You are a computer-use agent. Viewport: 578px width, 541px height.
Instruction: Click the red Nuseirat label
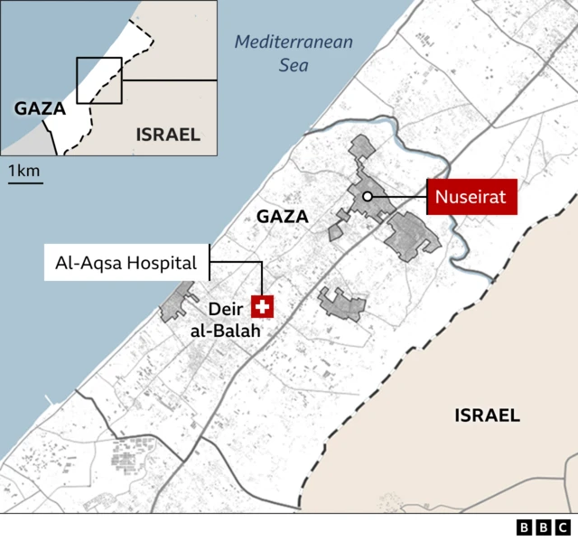pyautogui.click(x=471, y=196)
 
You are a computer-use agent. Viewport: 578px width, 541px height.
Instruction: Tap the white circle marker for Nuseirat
pyautogui.click(x=367, y=196)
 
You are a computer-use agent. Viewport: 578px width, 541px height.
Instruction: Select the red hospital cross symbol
pyautogui.click(x=263, y=307)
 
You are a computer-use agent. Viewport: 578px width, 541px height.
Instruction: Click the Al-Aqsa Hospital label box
pyautogui.click(x=126, y=264)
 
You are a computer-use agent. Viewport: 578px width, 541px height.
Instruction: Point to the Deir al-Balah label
pyautogui.click(x=225, y=320)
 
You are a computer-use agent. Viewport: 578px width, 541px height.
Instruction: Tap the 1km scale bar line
pyautogui.click(x=25, y=182)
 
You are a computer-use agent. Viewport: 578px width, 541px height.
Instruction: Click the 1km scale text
pyautogui.click(x=24, y=170)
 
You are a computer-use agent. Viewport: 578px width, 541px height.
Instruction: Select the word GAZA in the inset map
pyautogui.click(x=41, y=108)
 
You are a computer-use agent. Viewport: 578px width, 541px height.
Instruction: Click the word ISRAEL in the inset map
pyautogui.click(x=167, y=135)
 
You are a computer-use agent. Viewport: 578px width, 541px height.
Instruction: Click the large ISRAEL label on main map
pyautogui.click(x=487, y=415)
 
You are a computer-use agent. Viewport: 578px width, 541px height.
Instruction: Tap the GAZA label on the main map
pyautogui.click(x=282, y=217)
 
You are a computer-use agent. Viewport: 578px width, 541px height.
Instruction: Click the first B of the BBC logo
pyautogui.click(x=525, y=527)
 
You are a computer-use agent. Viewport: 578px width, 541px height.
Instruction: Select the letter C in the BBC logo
pyautogui.click(x=562, y=527)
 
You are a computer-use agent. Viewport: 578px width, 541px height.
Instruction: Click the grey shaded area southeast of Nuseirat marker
pyautogui.click(x=412, y=236)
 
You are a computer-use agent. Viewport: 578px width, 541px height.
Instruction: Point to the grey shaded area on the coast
pyautogui.click(x=177, y=303)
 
